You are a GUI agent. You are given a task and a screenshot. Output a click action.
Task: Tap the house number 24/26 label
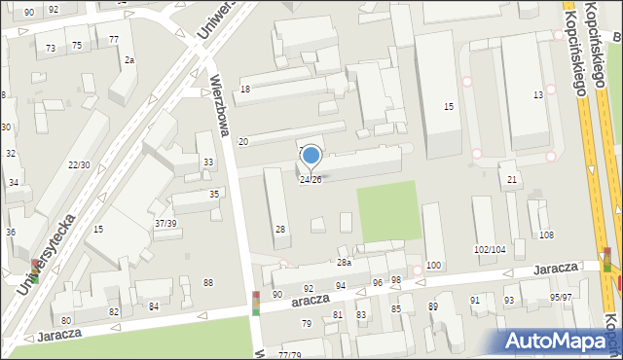click(x=311, y=180)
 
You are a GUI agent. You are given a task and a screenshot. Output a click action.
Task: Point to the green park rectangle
click(x=389, y=212)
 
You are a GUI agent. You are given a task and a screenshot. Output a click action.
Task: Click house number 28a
click(x=344, y=263)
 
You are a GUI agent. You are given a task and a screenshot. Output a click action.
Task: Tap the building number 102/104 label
click(x=490, y=250)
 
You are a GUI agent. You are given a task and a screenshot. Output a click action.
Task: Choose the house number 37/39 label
click(x=165, y=224)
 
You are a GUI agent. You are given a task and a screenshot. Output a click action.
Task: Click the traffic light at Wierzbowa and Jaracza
click(x=256, y=303)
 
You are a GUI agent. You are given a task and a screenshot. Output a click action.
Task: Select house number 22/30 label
click(x=80, y=164)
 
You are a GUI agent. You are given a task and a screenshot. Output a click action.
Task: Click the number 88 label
click(x=207, y=282)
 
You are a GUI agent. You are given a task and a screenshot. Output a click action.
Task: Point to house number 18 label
click(x=245, y=89)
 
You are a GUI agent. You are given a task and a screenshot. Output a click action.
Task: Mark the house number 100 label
click(x=433, y=265)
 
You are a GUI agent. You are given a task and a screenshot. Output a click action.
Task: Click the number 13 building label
click(x=538, y=94)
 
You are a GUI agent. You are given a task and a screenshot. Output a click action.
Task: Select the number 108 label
click(x=546, y=235)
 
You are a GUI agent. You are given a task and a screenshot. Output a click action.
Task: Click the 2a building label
click(x=128, y=60)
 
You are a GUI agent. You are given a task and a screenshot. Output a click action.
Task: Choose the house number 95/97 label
click(x=561, y=297)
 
